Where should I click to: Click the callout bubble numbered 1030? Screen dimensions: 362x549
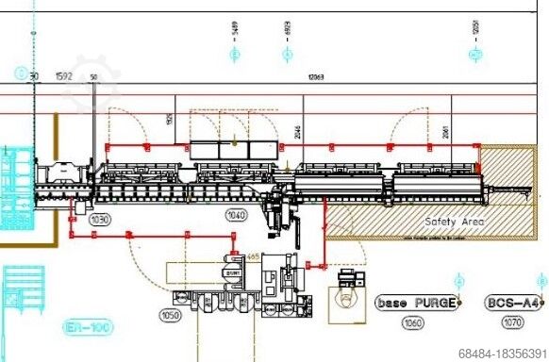(100, 219)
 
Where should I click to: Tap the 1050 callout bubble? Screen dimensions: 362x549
(171, 316)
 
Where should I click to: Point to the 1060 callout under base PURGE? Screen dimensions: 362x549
(412, 322)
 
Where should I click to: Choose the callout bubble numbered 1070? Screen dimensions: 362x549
(512, 322)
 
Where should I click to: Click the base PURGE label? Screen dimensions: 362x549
(416, 303)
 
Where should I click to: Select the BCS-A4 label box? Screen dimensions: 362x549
(512, 303)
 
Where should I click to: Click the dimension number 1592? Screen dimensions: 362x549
(64, 76)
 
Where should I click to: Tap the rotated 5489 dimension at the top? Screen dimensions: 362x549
(234, 35)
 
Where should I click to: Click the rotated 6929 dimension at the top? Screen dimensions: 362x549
(288, 35)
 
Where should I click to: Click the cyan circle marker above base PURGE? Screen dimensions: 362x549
(459, 281)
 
